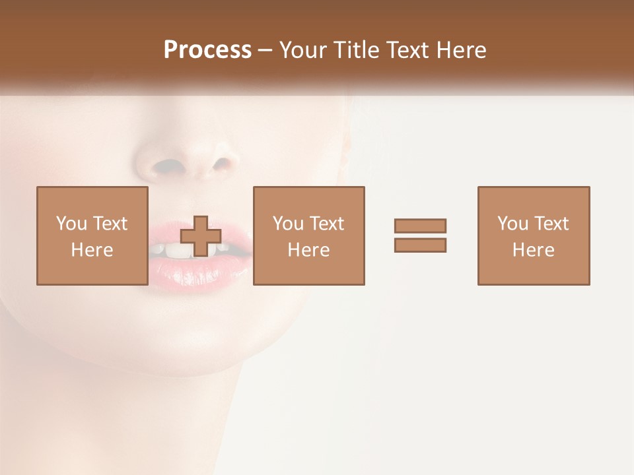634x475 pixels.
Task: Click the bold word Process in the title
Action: pos(207,50)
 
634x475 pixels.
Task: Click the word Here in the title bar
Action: pos(463,50)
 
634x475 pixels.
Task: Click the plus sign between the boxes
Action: pos(201,236)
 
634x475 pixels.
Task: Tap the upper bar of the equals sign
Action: pos(420,226)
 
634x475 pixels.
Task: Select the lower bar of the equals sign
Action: pos(420,245)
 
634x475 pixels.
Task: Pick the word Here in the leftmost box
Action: pos(92,250)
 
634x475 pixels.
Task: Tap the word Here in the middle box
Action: pos(308,250)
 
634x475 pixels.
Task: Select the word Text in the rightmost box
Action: pos(551,224)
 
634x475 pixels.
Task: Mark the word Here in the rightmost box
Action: pos(533,250)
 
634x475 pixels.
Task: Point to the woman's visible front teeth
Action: pos(173,250)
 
